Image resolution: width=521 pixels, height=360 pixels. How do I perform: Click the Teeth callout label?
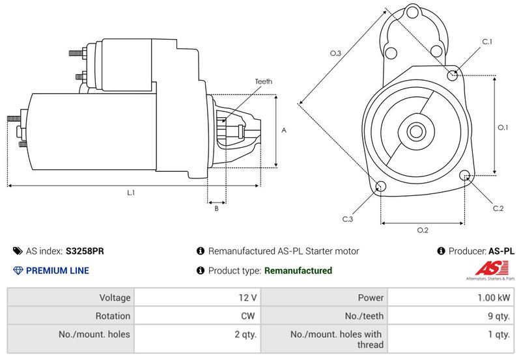[x=263, y=81]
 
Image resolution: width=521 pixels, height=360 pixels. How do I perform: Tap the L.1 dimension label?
[x=131, y=193]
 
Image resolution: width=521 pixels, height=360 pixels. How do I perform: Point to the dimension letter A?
[x=284, y=130]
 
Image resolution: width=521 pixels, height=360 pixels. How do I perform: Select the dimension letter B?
[x=217, y=208]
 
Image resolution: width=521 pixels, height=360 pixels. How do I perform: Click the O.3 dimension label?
[x=336, y=53]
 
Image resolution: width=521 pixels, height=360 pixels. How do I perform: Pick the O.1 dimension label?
[x=503, y=127]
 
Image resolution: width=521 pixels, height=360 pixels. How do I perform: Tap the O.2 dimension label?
[x=423, y=230]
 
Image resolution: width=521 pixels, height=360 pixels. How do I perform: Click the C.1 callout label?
[x=487, y=42]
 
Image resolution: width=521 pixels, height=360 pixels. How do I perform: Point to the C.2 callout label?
[x=498, y=208]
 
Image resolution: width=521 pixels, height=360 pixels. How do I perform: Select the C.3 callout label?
[x=348, y=219]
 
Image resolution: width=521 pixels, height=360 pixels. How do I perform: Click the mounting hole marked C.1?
[x=453, y=76]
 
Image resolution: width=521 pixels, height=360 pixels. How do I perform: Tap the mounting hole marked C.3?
[x=381, y=187]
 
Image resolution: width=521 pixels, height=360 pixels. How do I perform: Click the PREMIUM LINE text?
[x=58, y=271]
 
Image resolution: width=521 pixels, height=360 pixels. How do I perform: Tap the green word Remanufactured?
[x=298, y=271]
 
